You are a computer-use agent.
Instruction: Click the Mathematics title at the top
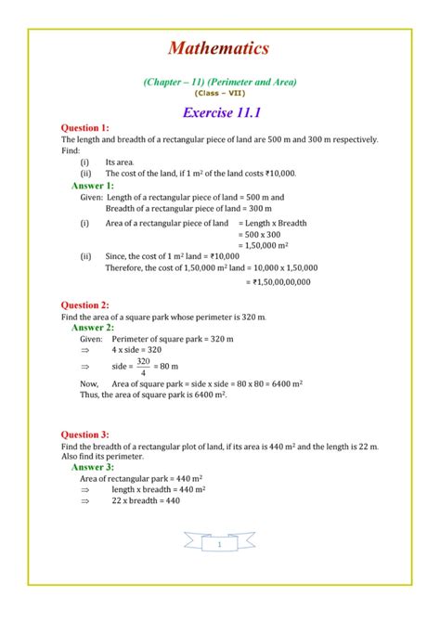(219, 47)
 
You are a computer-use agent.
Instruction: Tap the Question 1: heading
(84, 127)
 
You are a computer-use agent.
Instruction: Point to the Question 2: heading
(84, 305)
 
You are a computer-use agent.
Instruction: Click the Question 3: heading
(84, 434)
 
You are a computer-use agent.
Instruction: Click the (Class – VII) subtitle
(220, 93)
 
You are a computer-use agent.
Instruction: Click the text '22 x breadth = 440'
(146, 501)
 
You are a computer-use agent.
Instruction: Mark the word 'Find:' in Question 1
(71, 149)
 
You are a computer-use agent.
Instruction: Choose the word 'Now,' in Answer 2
(89, 382)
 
